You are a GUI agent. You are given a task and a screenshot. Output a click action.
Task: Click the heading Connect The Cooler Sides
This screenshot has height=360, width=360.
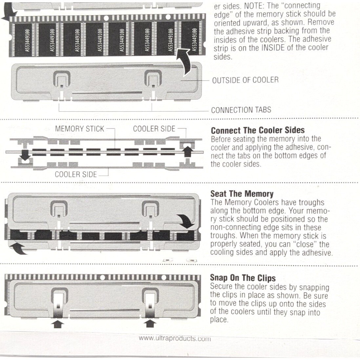[258, 130]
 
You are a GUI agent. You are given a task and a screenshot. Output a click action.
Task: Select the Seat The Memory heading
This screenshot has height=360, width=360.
[242, 194]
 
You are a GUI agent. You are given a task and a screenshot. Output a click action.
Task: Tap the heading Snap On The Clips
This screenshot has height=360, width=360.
[243, 278]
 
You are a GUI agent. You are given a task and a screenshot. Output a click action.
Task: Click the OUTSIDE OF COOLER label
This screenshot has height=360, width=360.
[245, 80]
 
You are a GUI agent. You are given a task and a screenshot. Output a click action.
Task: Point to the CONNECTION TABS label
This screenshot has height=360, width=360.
[241, 110]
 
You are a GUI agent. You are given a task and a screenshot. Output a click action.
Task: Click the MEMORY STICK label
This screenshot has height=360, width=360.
[79, 129]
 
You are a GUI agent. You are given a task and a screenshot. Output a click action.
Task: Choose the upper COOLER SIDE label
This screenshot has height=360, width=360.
[154, 129]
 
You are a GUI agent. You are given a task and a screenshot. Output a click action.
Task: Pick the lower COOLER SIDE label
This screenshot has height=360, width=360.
[76, 174]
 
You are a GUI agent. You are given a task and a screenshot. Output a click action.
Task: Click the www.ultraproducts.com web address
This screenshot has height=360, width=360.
[175, 338]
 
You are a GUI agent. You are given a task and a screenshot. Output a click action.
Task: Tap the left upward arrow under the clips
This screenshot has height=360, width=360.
[58, 324]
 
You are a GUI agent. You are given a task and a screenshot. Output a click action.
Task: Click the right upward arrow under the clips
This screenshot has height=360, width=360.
[150, 324]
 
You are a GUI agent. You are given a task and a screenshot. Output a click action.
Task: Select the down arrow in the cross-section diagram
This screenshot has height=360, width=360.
[25, 155]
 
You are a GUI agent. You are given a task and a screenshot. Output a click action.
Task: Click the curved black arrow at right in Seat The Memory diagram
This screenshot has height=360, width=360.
[186, 221]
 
